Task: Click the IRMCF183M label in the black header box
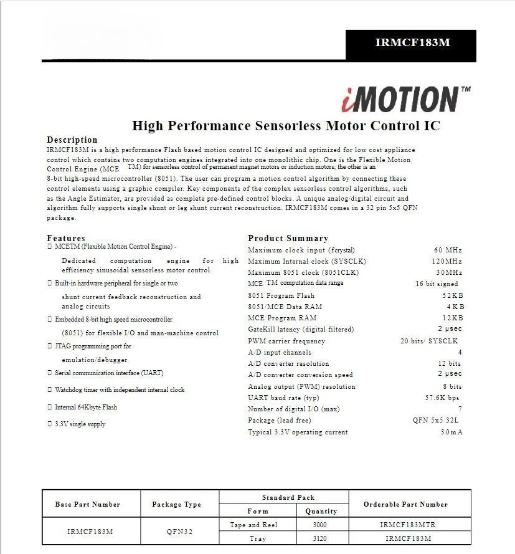click(x=412, y=43)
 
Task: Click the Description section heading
click(x=72, y=140)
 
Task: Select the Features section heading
click(x=66, y=238)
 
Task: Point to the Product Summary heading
click(x=288, y=238)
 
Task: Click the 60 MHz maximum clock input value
click(x=448, y=250)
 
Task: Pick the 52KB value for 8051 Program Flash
click(x=453, y=295)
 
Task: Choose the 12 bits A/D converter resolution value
click(x=449, y=363)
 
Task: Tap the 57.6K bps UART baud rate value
click(x=442, y=398)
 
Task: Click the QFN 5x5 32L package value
click(x=437, y=420)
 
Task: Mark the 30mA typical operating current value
click(x=451, y=432)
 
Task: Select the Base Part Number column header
click(x=87, y=504)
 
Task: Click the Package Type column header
click(x=176, y=504)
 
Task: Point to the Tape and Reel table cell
click(x=253, y=525)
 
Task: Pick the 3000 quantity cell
click(x=320, y=525)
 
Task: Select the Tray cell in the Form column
click(x=257, y=538)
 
